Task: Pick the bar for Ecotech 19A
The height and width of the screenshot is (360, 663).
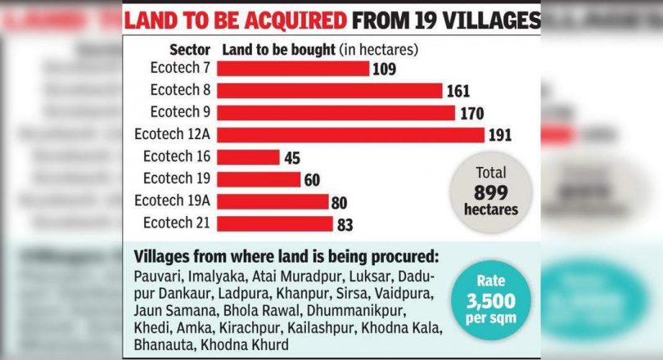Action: click(273, 201)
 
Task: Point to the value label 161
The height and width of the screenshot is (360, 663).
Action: click(458, 91)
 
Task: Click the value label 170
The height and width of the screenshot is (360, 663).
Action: click(471, 113)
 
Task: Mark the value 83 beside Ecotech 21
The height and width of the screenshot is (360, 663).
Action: click(344, 223)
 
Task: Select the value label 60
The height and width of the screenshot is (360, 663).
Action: click(310, 179)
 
